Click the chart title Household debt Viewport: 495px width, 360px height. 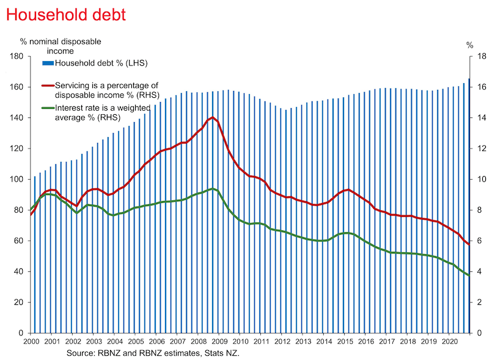click(64, 14)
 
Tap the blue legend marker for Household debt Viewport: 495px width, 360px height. click(48, 63)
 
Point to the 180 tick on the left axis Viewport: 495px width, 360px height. click(16, 56)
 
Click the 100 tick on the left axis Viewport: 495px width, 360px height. click(16, 179)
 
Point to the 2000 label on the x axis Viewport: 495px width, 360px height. click(31, 343)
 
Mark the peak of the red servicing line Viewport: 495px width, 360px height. click(212, 117)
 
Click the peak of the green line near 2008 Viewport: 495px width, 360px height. click(212, 189)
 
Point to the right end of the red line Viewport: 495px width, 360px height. click(469, 244)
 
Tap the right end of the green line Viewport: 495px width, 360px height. click(469, 275)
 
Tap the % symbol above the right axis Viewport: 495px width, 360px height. click(470, 45)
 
